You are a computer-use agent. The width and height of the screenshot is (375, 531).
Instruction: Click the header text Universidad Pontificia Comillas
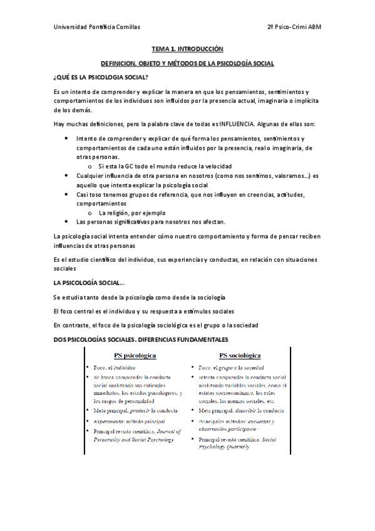(x=97, y=28)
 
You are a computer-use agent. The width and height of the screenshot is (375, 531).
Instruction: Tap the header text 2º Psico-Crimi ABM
(x=294, y=28)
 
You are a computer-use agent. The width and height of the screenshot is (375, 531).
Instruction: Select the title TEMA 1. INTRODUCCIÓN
(x=187, y=48)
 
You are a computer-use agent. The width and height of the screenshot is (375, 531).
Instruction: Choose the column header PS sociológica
(x=235, y=355)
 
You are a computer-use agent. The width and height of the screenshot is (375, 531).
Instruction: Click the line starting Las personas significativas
(x=150, y=222)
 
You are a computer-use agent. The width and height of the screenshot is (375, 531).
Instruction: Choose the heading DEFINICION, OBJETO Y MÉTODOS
(x=187, y=63)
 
